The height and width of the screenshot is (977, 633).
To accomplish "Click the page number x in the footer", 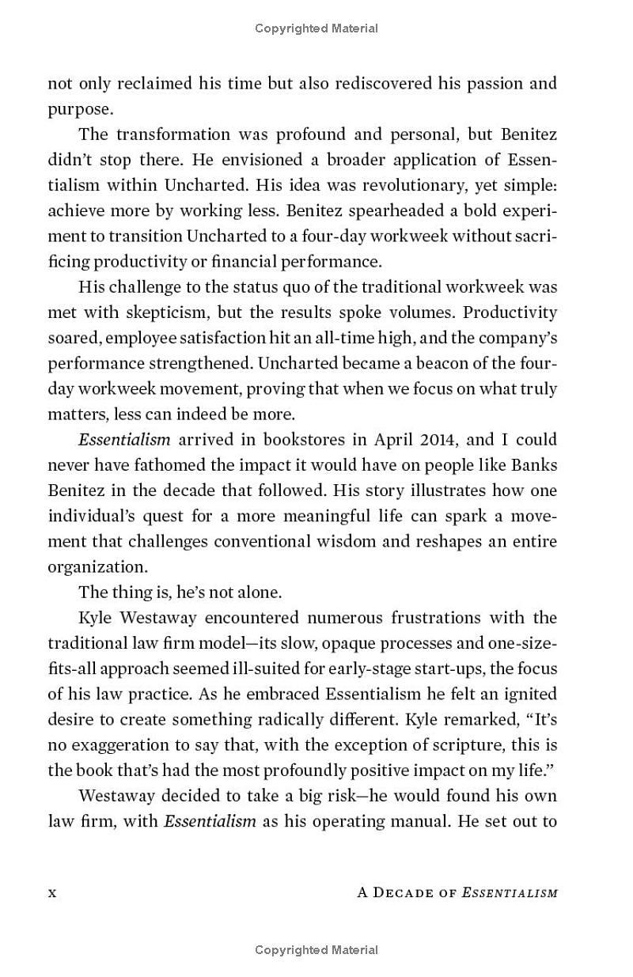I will click(52, 893).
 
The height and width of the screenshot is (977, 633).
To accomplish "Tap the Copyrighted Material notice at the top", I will click(316, 28).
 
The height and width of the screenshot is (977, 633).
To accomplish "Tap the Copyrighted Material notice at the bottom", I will click(316, 950).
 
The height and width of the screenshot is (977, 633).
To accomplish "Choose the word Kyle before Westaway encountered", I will click(95, 618).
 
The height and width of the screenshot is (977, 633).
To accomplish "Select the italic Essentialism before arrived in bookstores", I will click(123, 440).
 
